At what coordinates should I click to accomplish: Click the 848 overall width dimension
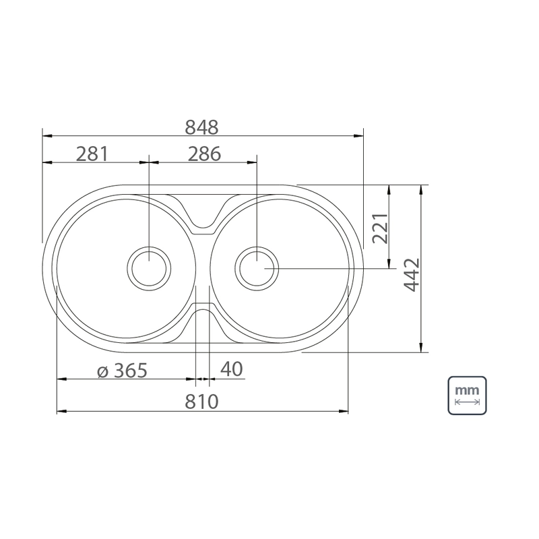coord(201,127)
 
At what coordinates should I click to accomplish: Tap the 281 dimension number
coord(92,154)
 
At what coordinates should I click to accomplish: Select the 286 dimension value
coord(204,154)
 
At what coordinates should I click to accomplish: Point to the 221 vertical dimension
coord(381,228)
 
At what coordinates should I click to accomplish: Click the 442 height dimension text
coord(412,275)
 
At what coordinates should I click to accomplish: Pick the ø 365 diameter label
coord(122,371)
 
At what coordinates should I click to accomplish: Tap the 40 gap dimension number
coord(231,369)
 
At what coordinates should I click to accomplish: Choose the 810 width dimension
coord(201,402)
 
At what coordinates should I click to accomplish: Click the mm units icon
coord(467,395)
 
